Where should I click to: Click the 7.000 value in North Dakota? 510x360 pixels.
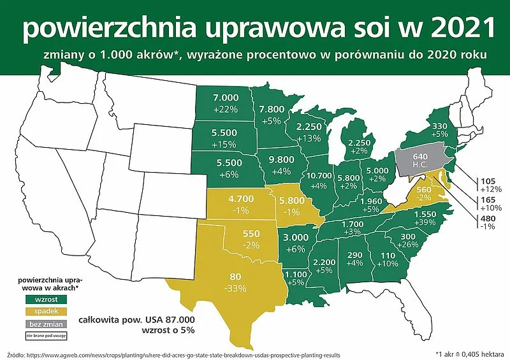[x=225, y=97]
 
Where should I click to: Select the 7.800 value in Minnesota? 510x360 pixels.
[x=273, y=110]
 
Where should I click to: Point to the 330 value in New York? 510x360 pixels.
[x=440, y=126]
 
